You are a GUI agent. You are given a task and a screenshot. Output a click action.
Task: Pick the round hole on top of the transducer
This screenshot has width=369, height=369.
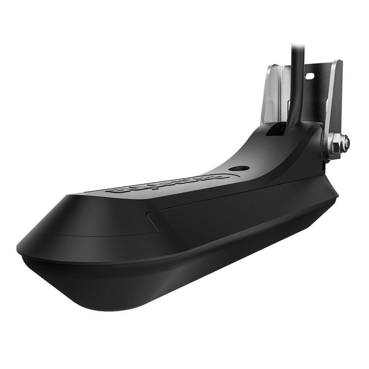[x=237, y=168]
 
